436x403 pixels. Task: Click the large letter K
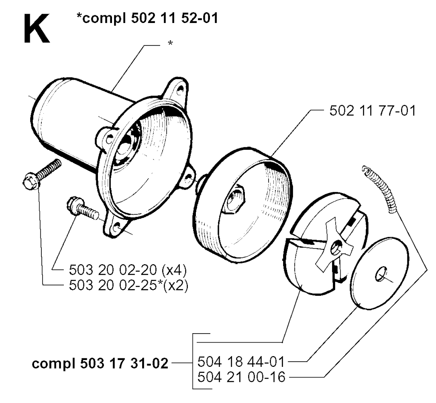coord(37,29)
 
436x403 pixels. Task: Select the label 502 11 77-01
coord(373,111)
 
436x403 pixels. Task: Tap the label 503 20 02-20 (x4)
coord(128,270)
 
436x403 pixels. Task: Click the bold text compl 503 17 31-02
coord(100,363)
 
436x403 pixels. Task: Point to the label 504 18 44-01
coord(241,362)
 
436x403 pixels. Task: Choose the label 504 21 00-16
coord(241,377)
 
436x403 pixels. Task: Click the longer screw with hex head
coord(41,174)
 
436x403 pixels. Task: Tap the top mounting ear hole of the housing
coord(181,89)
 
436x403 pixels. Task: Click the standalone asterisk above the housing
coord(170,43)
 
